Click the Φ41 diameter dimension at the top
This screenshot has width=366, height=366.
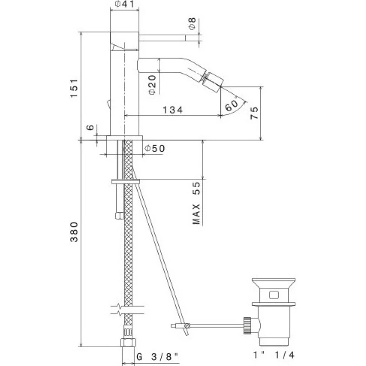tap(125, 4)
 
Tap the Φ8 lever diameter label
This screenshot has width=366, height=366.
tap(192, 24)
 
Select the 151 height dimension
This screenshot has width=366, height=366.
tap(74, 88)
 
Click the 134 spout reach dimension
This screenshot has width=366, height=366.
tap(173, 110)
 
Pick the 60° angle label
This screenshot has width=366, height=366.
tap(231, 106)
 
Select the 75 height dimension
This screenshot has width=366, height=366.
tap(254, 113)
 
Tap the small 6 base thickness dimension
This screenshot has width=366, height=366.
tap(90, 128)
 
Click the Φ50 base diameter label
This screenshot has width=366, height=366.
tap(155, 148)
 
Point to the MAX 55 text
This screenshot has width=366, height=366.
tap(196, 203)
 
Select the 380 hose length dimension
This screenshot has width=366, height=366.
tap(74, 232)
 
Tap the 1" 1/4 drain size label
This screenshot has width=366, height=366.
tap(274, 355)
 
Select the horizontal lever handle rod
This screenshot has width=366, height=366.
tap(162, 38)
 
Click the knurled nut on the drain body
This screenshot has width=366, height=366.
tap(247, 325)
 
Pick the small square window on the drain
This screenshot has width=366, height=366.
tap(274, 295)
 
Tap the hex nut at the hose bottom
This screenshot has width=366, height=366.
tap(128, 342)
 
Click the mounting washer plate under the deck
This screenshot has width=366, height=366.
tap(125, 181)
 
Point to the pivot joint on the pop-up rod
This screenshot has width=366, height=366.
tap(187, 325)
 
